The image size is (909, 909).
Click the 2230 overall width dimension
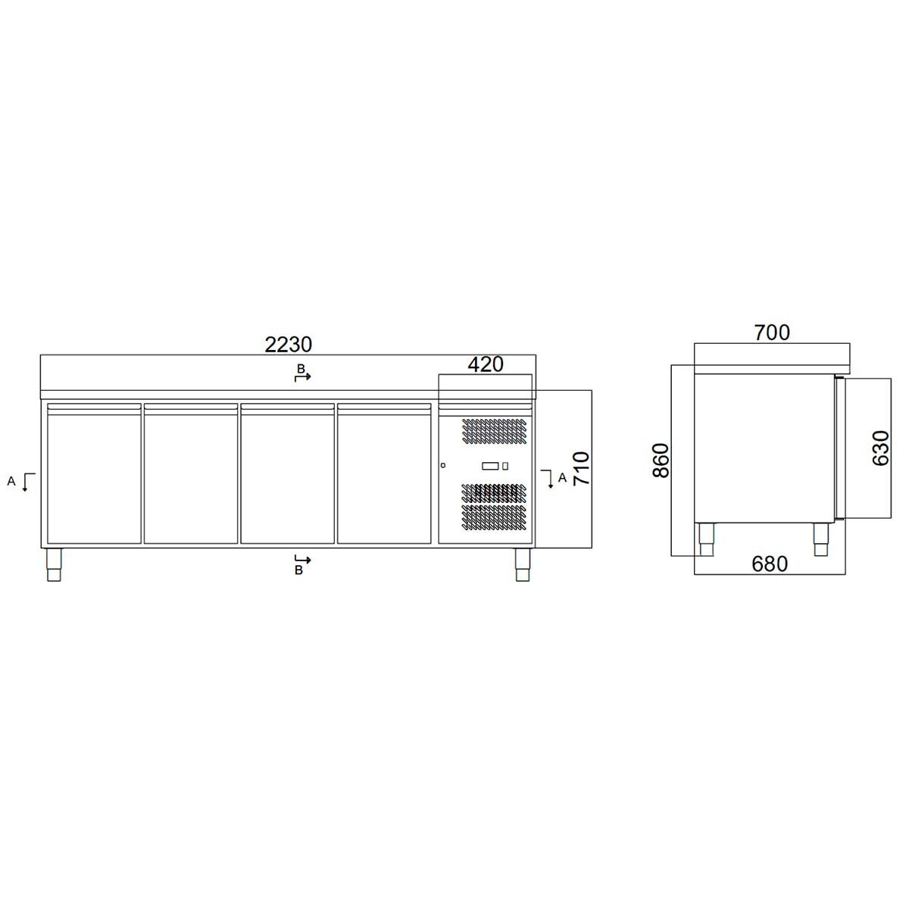click(288, 345)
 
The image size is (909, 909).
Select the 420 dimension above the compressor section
click(486, 364)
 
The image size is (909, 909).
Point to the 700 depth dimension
click(772, 332)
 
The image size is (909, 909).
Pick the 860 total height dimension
click(661, 460)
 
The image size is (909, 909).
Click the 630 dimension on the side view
click(880, 448)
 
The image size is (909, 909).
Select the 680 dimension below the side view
click(770, 564)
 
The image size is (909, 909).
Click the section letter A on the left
click(11, 480)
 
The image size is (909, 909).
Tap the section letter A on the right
click(561, 477)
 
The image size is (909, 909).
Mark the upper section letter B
click(300, 368)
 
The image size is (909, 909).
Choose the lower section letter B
click(298, 570)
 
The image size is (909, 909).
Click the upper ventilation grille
click(492, 430)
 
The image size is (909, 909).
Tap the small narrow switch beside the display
click(505, 466)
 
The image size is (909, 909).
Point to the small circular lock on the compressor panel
click(444, 465)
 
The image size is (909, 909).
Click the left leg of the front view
click(55, 564)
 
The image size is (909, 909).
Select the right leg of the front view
click(522, 564)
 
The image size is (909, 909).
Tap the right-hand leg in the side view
click(822, 539)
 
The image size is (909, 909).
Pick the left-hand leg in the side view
click(706, 539)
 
